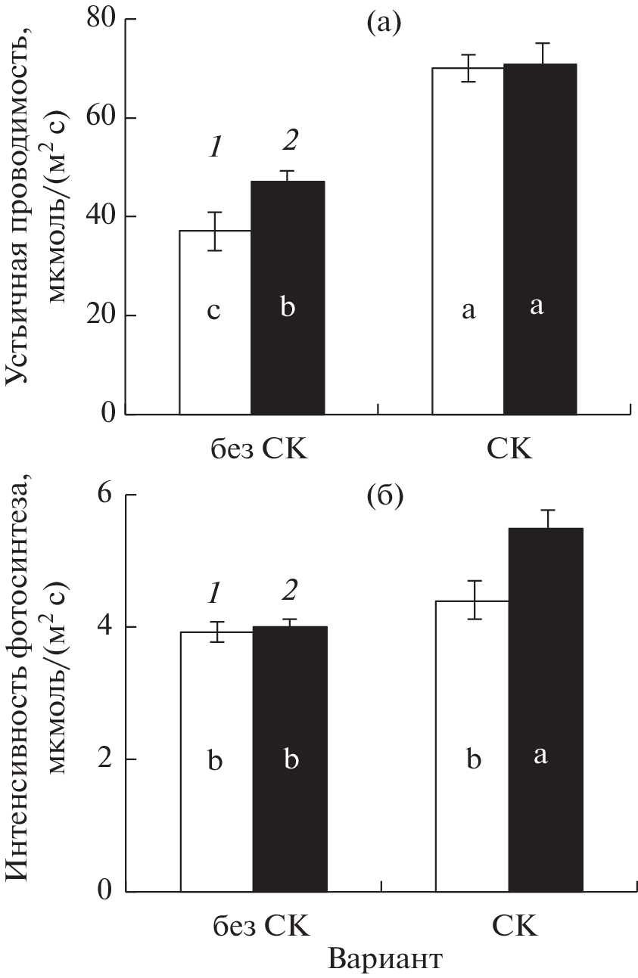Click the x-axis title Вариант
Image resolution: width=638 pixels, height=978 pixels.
pos(384,959)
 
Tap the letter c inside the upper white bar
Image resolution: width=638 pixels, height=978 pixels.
pos(214,311)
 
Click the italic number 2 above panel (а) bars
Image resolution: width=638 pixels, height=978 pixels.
pos(288,141)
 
